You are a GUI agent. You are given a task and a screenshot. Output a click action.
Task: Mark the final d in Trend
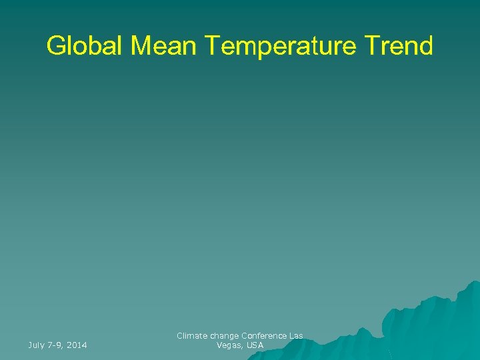(x=425, y=46)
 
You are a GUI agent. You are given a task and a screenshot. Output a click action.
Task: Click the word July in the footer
(x=37, y=345)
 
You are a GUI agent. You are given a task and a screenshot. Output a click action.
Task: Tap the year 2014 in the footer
(x=77, y=345)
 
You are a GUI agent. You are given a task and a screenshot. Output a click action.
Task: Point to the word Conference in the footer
(x=265, y=336)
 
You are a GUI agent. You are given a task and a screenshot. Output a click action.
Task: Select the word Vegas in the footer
(x=229, y=345)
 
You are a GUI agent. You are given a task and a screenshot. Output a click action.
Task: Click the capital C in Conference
(x=245, y=336)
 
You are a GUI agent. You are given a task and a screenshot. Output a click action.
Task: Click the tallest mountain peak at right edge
(x=472, y=284)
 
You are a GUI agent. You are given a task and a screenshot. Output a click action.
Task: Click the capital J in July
(x=30, y=345)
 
